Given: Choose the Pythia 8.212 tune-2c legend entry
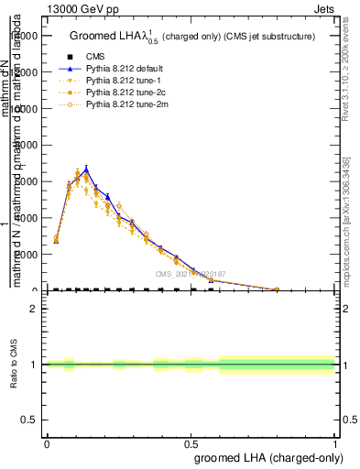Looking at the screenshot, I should [123, 93].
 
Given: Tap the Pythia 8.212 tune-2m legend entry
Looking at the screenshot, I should [124, 105].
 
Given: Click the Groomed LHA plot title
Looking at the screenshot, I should [192, 36].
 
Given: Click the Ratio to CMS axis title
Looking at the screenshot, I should [14, 365].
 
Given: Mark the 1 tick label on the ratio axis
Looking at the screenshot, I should [33, 365].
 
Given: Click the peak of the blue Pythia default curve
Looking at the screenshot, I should [86, 169].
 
